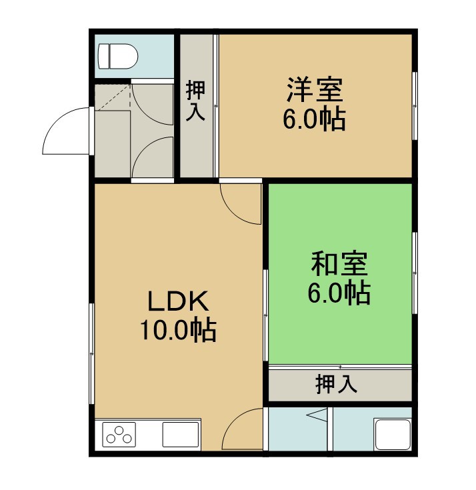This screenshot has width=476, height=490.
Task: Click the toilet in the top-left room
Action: (118, 56)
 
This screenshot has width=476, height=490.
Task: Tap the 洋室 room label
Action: (315, 90)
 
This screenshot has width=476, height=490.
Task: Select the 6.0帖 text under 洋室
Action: (314, 119)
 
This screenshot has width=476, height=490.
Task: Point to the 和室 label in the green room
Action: (339, 264)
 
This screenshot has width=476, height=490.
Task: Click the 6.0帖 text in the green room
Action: (339, 293)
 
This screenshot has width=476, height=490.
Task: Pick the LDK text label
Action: (178, 301)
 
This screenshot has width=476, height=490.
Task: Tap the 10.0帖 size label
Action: (178, 330)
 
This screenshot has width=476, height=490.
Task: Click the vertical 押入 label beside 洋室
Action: (195, 101)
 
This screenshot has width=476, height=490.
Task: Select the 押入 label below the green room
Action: (336, 384)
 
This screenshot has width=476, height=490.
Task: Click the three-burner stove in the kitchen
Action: (119, 435)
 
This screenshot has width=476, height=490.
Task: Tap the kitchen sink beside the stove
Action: (181, 435)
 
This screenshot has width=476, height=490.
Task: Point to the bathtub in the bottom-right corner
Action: (393, 435)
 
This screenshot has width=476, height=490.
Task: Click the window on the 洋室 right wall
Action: (415, 106)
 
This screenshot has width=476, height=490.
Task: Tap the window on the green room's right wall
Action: (415, 273)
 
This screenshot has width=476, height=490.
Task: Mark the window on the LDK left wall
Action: (92, 353)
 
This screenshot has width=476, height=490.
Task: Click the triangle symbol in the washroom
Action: (317, 415)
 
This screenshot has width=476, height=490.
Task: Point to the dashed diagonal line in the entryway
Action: (113, 97)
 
